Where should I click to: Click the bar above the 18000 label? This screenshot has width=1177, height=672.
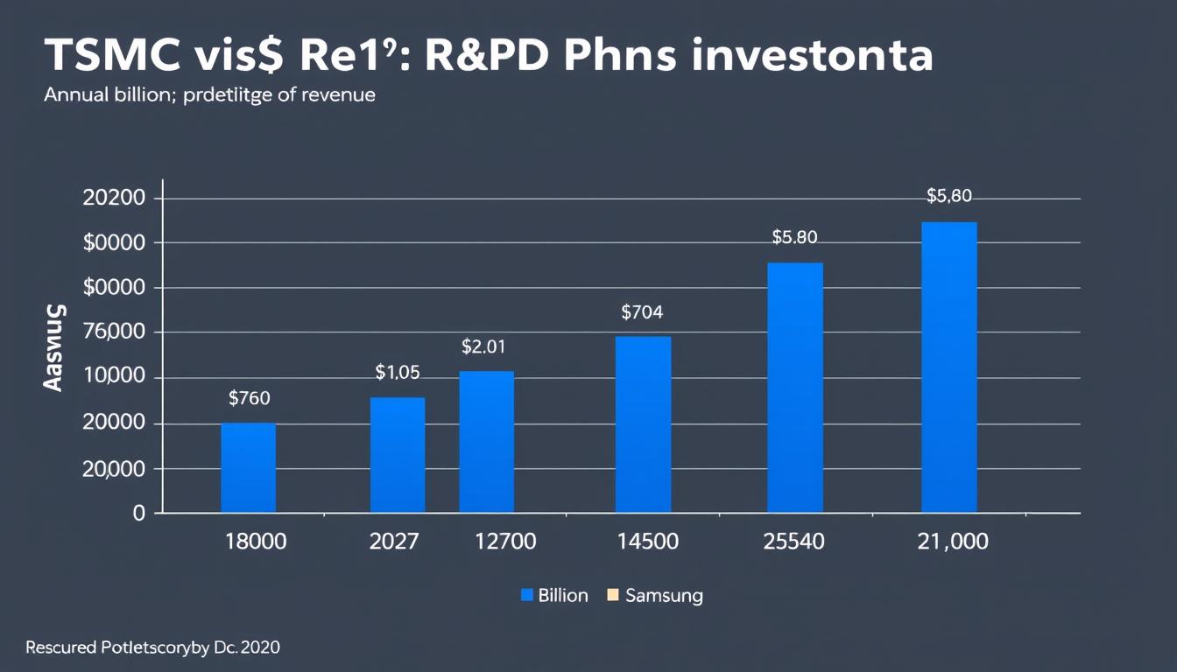(x=248, y=467)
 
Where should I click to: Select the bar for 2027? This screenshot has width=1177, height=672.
(x=398, y=455)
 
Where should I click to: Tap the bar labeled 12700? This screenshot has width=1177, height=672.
(x=486, y=442)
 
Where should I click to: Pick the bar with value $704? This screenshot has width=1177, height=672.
(x=643, y=424)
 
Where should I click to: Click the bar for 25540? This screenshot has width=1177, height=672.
(x=795, y=388)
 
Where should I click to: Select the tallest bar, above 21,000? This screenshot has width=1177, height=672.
(x=948, y=367)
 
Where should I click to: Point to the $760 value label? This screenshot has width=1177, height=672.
(x=249, y=399)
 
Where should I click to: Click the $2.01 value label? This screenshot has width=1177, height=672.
(x=483, y=346)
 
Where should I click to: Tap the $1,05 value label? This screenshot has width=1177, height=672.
(x=398, y=373)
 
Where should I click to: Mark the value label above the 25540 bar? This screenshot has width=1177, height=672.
(x=794, y=237)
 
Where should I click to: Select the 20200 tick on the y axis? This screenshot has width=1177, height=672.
(x=113, y=198)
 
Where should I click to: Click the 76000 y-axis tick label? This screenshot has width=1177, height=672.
(x=113, y=332)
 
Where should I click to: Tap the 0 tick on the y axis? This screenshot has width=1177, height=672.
(x=137, y=514)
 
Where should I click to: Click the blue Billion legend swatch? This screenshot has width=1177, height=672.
(x=527, y=596)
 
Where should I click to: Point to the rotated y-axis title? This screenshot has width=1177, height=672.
(x=54, y=347)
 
